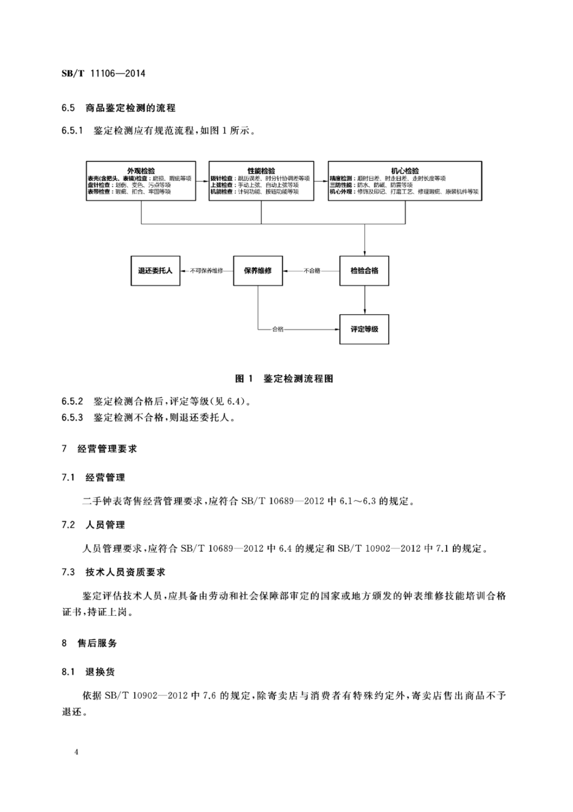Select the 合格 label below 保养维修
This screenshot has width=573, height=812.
coord(278,329)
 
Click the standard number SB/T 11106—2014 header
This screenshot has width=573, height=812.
coord(103,74)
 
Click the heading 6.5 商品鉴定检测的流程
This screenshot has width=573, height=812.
coord(119,108)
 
